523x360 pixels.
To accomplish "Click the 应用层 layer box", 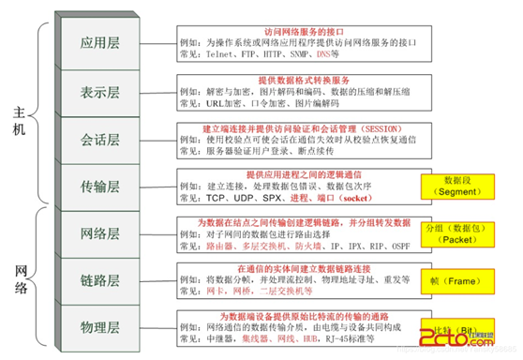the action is coord(101,43).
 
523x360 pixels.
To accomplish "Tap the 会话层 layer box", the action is coord(101,140).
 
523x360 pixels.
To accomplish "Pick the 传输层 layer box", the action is coord(101,187).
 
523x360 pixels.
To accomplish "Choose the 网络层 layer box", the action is coord(101,233).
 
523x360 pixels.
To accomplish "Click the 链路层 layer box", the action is coord(101,280).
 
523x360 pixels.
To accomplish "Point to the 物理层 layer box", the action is coord(101,327).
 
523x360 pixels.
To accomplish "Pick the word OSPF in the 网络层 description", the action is coord(400,247).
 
